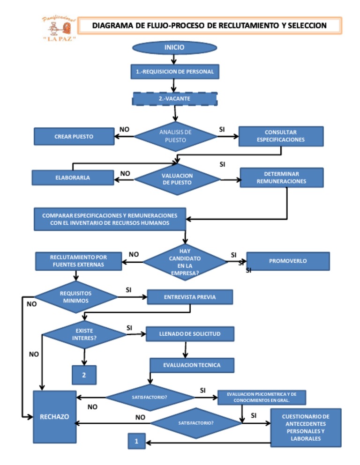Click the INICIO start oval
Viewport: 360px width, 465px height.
point(174,48)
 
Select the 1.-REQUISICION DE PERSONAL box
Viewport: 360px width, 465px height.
point(174,72)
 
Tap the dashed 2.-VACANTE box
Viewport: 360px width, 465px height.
point(174,99)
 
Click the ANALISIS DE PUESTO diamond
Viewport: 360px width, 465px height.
point(176,136)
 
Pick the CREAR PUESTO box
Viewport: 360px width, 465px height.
point(74,137)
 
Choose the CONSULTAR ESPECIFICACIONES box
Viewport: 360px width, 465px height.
point(281,136)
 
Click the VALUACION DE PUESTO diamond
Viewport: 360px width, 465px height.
point(177,179)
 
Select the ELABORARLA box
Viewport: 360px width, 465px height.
point(73,177)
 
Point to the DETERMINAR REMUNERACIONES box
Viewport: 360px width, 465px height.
point(281,177)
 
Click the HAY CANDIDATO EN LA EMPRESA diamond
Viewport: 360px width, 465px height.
point(185,262)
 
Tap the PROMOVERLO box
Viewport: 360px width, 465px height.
point(288,261)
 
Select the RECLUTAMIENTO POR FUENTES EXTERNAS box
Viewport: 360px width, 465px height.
point(78,261)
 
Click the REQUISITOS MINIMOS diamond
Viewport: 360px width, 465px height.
point(76,297)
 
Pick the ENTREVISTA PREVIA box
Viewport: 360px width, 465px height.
point(190,297)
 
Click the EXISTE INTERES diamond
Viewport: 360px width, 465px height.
point(84,334)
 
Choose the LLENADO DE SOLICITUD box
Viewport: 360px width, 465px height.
point(190,334)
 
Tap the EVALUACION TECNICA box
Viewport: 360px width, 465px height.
point(192,365)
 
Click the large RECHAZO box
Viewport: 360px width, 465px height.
point(54,417)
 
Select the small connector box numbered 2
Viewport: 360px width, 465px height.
point(84,375)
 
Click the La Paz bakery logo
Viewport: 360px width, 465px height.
point(57,28)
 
